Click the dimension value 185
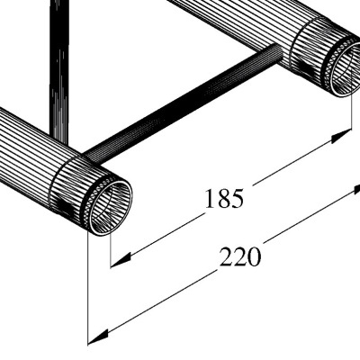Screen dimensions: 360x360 point(223,199)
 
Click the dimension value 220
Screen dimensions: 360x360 point(240,257)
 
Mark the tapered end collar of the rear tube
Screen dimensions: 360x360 point(315,49)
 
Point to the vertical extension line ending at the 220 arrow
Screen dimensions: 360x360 point(88,288)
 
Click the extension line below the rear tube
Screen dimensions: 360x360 point(350,112)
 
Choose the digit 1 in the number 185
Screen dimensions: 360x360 point(210,199)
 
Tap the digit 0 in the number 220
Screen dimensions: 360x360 point(254,257)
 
